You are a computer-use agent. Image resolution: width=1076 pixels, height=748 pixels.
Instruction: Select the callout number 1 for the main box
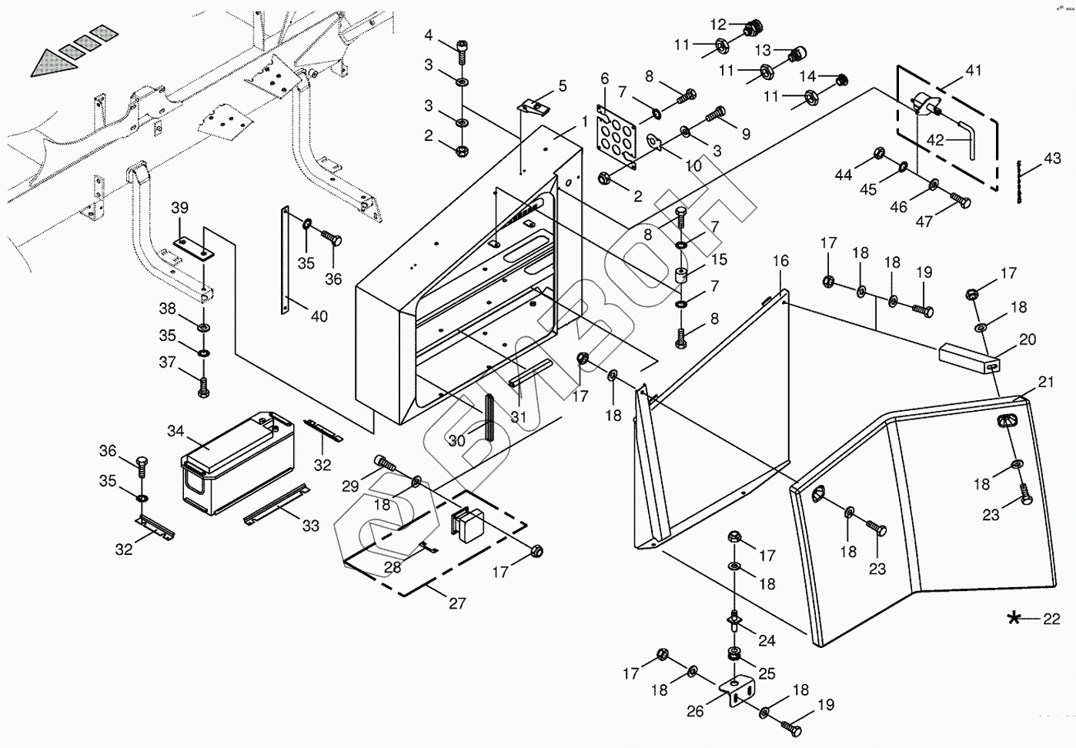(x=583, y=122)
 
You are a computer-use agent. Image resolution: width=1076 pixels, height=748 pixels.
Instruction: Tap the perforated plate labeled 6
(x=617, y=134)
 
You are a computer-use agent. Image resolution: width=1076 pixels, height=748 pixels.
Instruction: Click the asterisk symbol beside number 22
(x=1014, y=619)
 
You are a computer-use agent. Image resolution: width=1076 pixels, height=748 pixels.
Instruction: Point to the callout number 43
(x=1052, y=158)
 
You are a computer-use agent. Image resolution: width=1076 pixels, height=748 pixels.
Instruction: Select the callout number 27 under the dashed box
(x=457, y=603)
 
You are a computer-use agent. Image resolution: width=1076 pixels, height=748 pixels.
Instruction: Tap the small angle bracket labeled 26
(x=736, y=693)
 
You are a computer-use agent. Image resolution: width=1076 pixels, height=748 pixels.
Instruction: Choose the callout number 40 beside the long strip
(x=319, y=316)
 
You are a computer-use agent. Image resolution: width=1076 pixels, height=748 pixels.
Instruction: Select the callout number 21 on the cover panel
(x=1046, y=382)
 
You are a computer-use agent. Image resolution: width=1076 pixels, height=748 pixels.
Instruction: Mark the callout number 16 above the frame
(x=780, y=261)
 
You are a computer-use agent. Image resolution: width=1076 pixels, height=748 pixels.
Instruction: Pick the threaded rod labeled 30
(x=490, y=416)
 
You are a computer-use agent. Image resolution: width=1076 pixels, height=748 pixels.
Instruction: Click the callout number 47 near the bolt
(x=924, y=222)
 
